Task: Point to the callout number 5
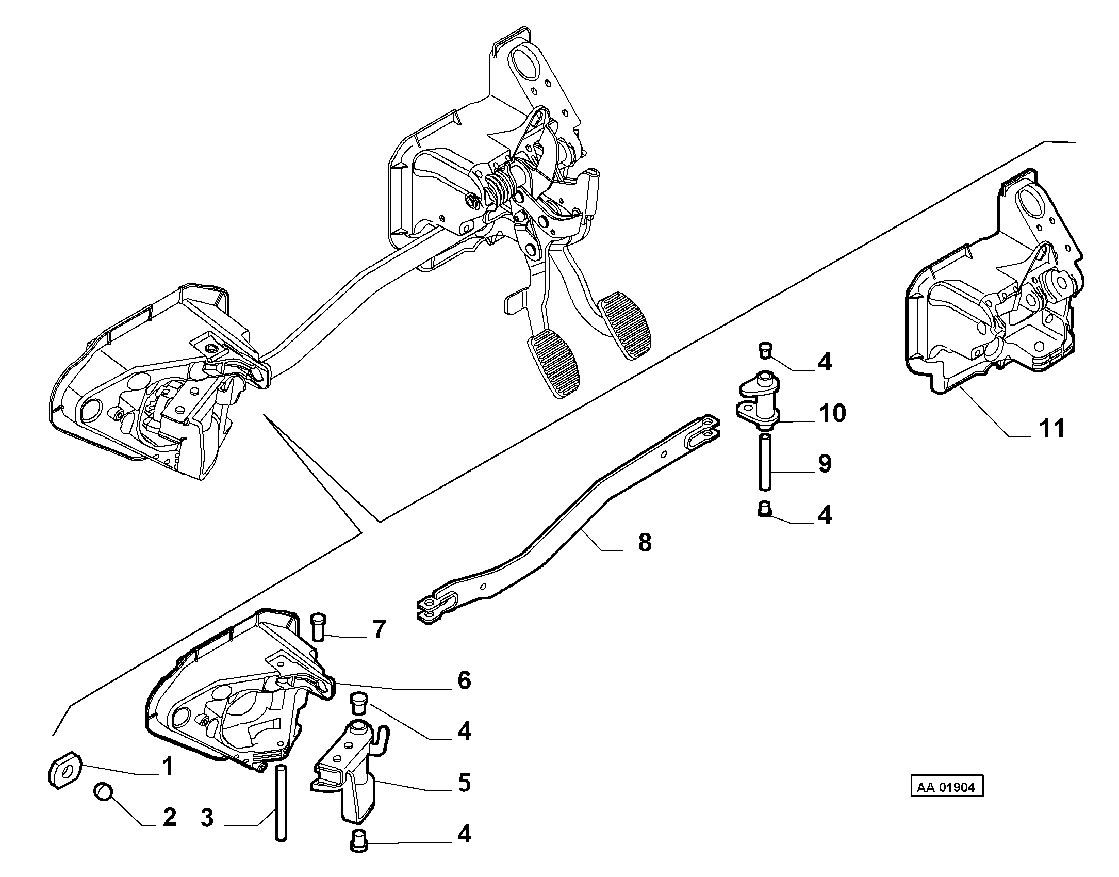pos(464,783)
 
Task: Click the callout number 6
pos(464,681)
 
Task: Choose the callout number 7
pos(379,630)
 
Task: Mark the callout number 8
pos(645,543)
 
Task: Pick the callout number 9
pos(825,464)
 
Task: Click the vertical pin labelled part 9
pos(765,462)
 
